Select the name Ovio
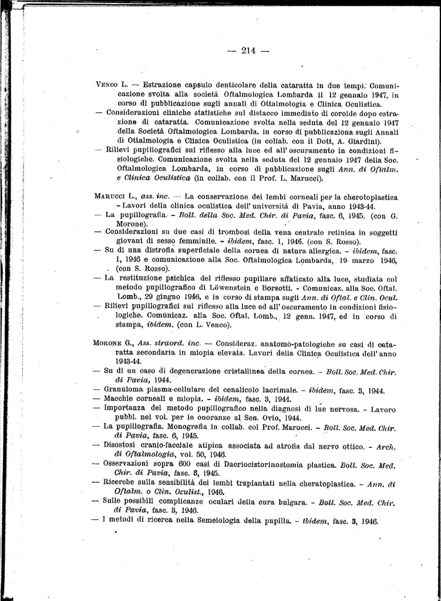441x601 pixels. (282, 417)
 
